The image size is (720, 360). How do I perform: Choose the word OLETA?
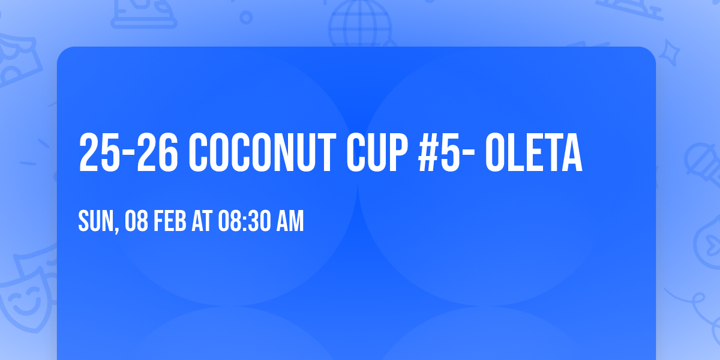[533, 153]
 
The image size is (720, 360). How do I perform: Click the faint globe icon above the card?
[359, 22]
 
